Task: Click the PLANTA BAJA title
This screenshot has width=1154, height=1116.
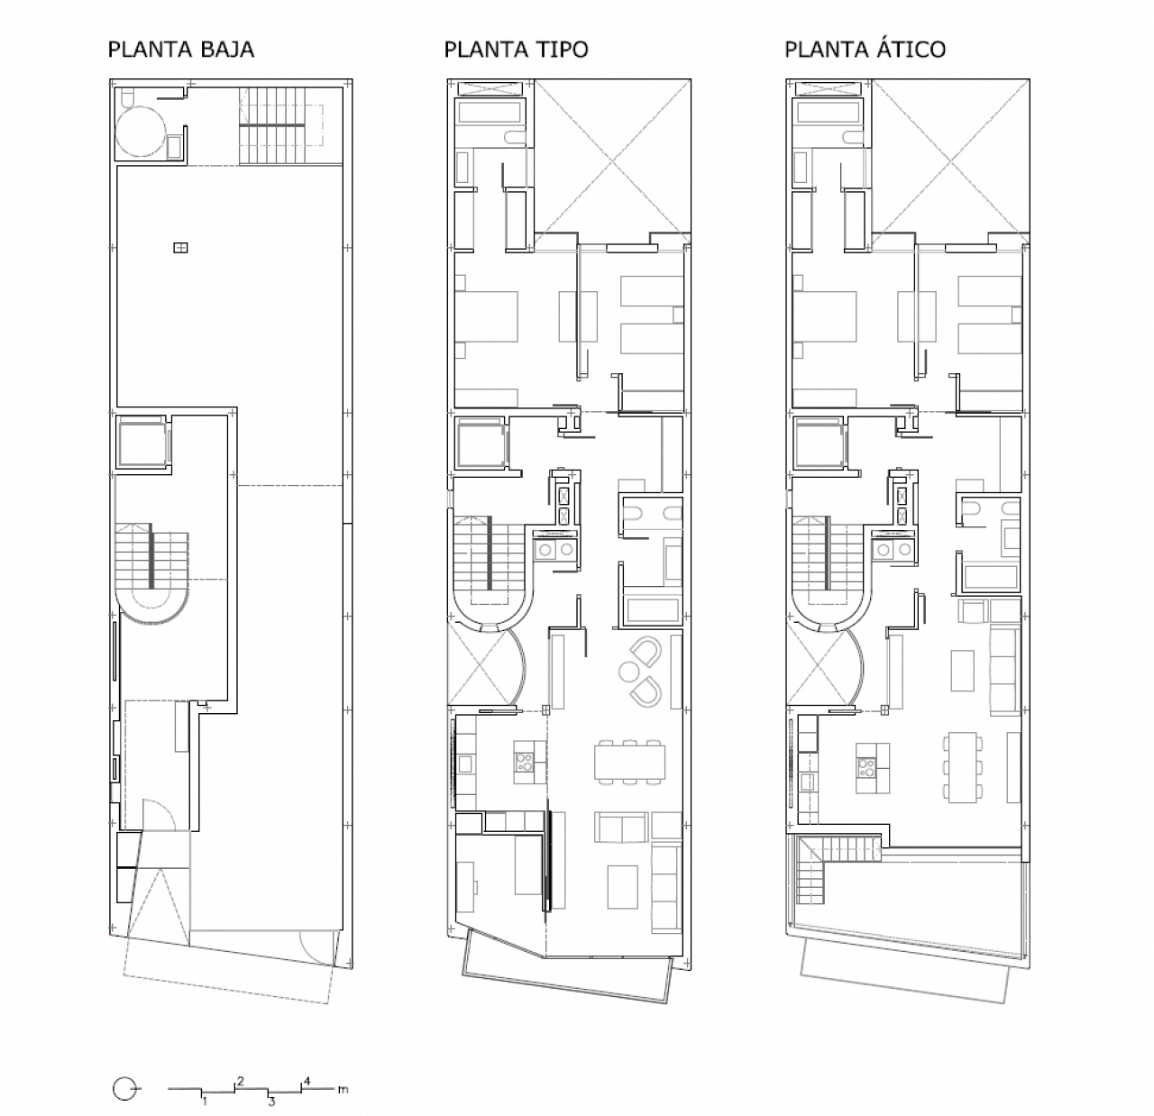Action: click(x=181, y=50)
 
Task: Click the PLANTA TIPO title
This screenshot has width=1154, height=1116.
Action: click(x=516, y=50)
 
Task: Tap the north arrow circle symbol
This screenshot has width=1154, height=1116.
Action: click(x=124, y=1089)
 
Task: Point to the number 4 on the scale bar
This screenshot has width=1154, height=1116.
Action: click(x=307, y=1081)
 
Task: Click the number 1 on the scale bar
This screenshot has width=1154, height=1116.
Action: click(x=205, y=1102)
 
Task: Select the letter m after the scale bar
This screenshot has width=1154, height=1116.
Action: click(x=343, y=1089)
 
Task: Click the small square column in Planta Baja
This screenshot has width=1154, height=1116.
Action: click(x=180, y=247)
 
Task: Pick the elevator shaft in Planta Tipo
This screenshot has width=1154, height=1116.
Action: click(x=480, y=444)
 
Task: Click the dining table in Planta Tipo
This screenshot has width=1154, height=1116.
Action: click(x=630, y=763)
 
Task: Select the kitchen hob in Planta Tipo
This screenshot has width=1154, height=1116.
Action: click(x=524, y=762)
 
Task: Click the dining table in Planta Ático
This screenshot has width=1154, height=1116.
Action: click(x=963, y=767)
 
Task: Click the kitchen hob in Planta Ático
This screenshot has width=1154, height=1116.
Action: click(x=866, y=768)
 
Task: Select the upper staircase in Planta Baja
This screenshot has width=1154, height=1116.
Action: click(x=273, y=125)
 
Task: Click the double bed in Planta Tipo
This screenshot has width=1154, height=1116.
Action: click(x=486, y=316)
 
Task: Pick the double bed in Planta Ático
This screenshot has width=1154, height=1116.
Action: click(x=825, y=316)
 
